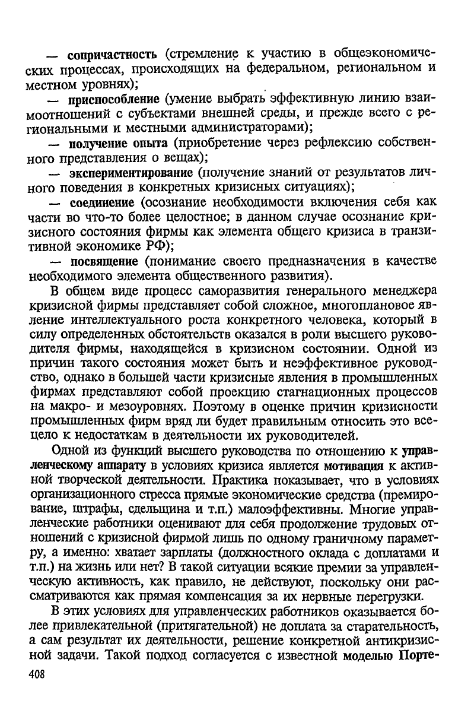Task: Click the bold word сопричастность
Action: [112, 56]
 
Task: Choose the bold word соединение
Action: [101, 202]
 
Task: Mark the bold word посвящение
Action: [103, 261]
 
